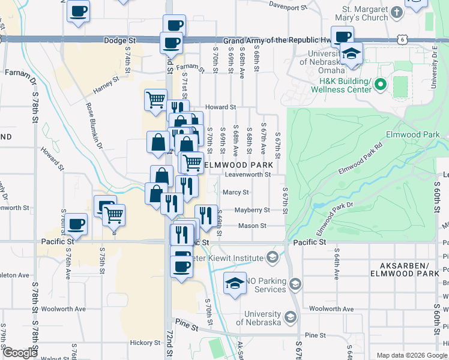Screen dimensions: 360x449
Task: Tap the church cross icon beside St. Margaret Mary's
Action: [397, 11]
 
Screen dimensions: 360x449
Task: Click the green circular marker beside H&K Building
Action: [380, 86]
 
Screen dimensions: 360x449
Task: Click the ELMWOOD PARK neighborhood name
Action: [239, 164]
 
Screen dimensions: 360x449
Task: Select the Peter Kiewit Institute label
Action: [229, 258]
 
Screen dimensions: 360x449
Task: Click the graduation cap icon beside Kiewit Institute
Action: [272, 258]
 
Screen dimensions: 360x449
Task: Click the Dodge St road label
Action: [120, 41]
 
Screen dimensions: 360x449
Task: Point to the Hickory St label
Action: [145, 343]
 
